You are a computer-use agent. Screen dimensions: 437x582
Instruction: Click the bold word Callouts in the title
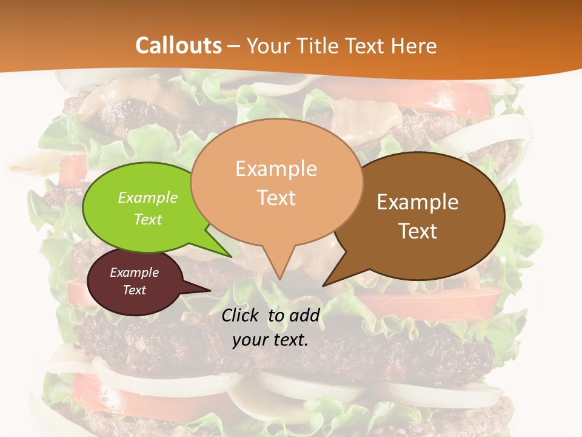[178, 46]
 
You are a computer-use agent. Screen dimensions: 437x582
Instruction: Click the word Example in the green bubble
[148, 198]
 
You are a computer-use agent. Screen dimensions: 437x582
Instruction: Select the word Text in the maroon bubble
[135, 290]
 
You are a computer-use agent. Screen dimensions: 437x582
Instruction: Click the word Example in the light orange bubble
[276, 169]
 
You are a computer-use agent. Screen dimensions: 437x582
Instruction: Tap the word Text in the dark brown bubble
[418, 231]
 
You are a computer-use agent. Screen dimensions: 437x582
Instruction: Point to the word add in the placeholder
[304, 315]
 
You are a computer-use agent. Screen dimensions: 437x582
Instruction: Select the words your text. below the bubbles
[270, 340]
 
